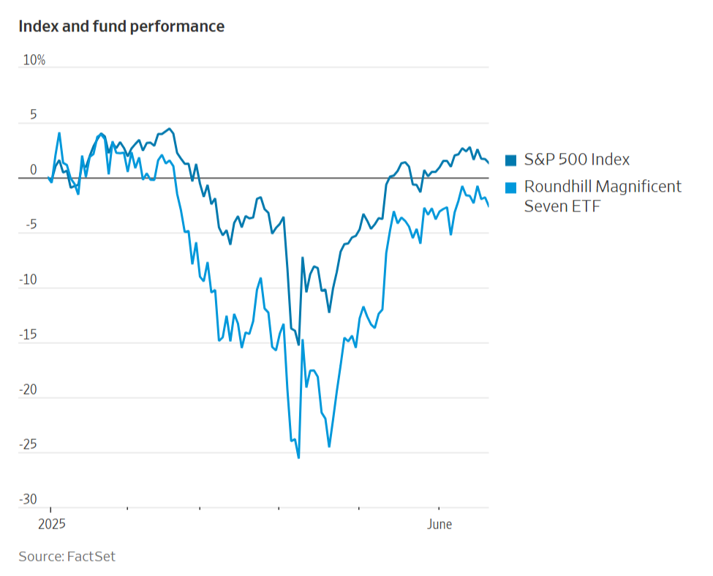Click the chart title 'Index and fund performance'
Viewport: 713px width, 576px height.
pyautogui.click(x=121, y=26)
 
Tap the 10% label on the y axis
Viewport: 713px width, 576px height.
pyautogui.click(x=34, y=60)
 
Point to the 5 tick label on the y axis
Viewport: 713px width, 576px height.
pyautogui.click(x=32, y=116)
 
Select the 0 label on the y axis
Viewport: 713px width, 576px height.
pyautogui.click(x=33, y=170)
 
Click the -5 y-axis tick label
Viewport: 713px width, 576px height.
pyautogui.click(x=30, y=225)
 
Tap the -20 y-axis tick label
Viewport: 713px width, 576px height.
pyautogui.click(x=28, y=389)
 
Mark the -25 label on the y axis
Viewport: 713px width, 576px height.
pyautogui.click(x=28, y=444)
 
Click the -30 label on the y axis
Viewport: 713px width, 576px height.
pyautogui.click(x=28, y=499)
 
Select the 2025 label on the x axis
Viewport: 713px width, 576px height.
pyautogui.click(x=51, y=525)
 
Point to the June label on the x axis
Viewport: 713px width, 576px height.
pyautogui.click(x=439, y=525)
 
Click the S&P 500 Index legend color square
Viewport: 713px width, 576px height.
pyautogui.click(x=511, y=160)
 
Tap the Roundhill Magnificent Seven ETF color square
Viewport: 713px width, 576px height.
pyautogui.click(x=511, y=187)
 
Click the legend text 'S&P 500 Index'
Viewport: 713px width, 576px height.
pyautogui.click(x=577, y=160)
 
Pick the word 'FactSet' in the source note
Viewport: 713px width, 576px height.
pyautogui.click(x=91, y=556)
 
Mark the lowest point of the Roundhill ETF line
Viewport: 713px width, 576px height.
pyautogui.click(x=298, y=457)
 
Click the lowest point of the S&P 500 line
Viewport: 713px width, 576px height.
pyautogui.click(x=298, y=344)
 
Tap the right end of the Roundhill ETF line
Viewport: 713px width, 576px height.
pyautogui.click(x=488, y=206)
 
